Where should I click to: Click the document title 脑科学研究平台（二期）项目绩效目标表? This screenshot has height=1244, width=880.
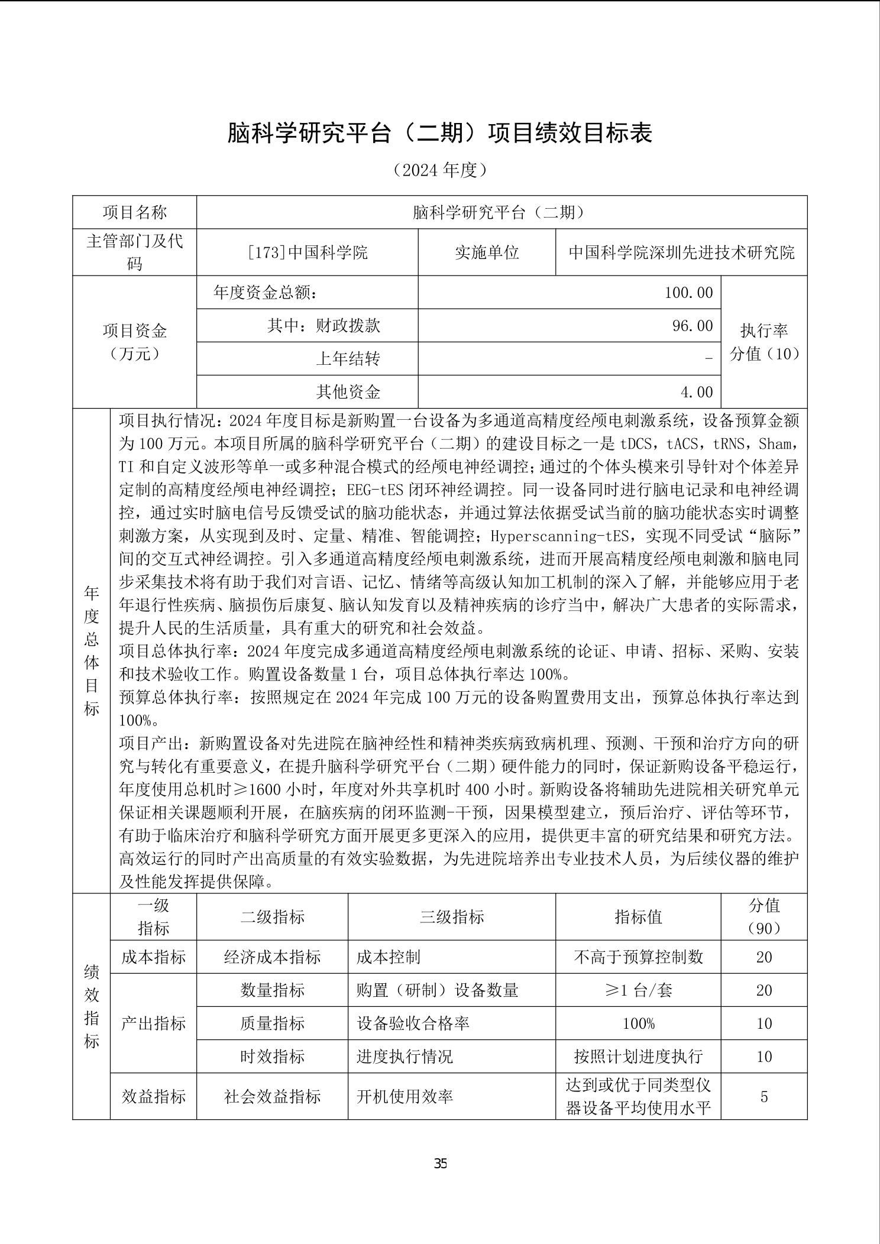point(440,133)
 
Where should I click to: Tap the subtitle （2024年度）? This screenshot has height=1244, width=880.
point(440,170)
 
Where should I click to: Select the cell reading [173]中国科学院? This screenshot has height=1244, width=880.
point(307,252)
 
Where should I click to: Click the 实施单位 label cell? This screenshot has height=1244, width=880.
point(486,252)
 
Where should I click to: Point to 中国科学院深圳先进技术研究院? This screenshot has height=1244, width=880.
point(681,252)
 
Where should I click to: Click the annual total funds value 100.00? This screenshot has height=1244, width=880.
point(688,293)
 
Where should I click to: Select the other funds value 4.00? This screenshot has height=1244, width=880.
point(696,392)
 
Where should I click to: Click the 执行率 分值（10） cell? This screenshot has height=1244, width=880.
point(764,342)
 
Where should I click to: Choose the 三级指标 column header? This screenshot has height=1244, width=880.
point(451,917)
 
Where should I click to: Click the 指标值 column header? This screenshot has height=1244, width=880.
point(638,917)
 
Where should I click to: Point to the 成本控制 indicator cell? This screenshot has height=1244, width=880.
point(388,957)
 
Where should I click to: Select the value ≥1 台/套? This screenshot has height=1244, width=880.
point(638,990)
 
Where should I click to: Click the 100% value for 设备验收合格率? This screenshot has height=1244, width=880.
point(638,1023)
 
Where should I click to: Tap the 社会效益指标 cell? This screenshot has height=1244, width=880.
point(272,1097)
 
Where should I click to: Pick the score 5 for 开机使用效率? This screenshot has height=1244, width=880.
point(764,1097)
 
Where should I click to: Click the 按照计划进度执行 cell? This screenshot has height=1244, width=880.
point(638,1057)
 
